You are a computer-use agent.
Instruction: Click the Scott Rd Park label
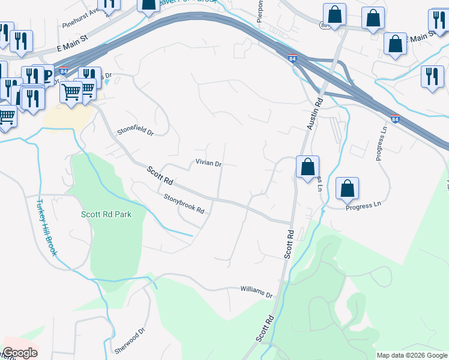pyautogui.click(x=106, y=214)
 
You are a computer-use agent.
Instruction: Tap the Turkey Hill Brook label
pyautogui.click(x=47, y=227)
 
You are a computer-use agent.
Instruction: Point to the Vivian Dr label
pyautogui.click(x=208, y=163)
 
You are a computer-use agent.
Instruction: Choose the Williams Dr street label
pyautogui.click(x=256, y=292)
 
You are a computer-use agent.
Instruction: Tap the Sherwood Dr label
pyautogui.click(x=130, y=340)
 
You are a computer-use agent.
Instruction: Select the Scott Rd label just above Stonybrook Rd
pyautogui.click(x=160, y=175)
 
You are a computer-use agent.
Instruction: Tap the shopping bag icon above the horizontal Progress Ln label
pyautogui.click(x=347, y=189)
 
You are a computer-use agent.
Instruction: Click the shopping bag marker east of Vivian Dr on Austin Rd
pyautogui.click(x=307, y=167)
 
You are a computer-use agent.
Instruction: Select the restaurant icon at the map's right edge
pyautogui.click(x=432, y=77)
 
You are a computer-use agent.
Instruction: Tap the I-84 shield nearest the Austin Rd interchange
pyautogui.click(x=291, y=59)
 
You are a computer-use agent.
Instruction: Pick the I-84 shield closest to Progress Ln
pyautogui.click(x=395, y=119)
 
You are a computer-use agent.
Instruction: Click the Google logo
pyautogui.click(x=20, y=353)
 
